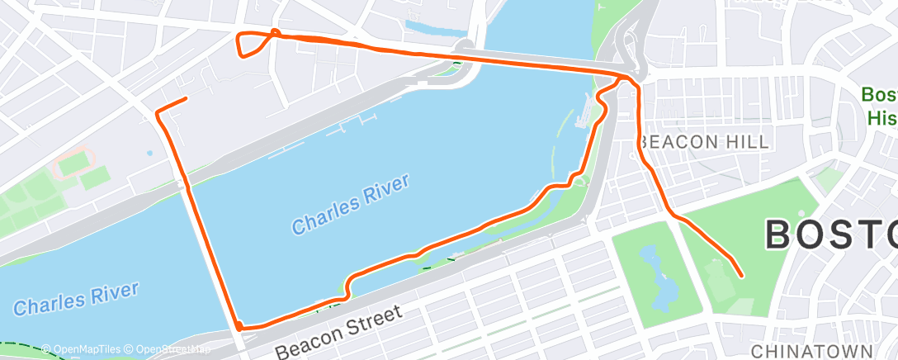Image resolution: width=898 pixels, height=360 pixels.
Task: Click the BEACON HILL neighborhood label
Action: [x=703, y=142]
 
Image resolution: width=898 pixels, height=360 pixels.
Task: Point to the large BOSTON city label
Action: [x=830, y=234]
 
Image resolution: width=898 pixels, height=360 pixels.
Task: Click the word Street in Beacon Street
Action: [x=369, y=321]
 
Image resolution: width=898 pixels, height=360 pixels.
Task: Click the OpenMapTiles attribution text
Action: [x=83, y=349]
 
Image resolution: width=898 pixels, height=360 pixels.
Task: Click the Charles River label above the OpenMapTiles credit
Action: [x=76, y=297]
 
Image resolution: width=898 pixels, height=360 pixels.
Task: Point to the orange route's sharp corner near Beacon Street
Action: [x=239, y=327]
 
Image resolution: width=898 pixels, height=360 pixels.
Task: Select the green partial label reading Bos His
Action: [x=880, y=106]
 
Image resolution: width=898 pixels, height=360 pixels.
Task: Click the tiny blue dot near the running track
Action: [x=149, y=153]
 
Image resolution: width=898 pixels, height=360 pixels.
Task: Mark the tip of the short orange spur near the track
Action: [x=186, y=99]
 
